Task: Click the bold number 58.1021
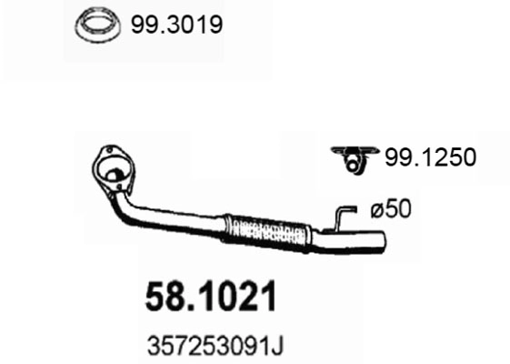click(212, 298)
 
